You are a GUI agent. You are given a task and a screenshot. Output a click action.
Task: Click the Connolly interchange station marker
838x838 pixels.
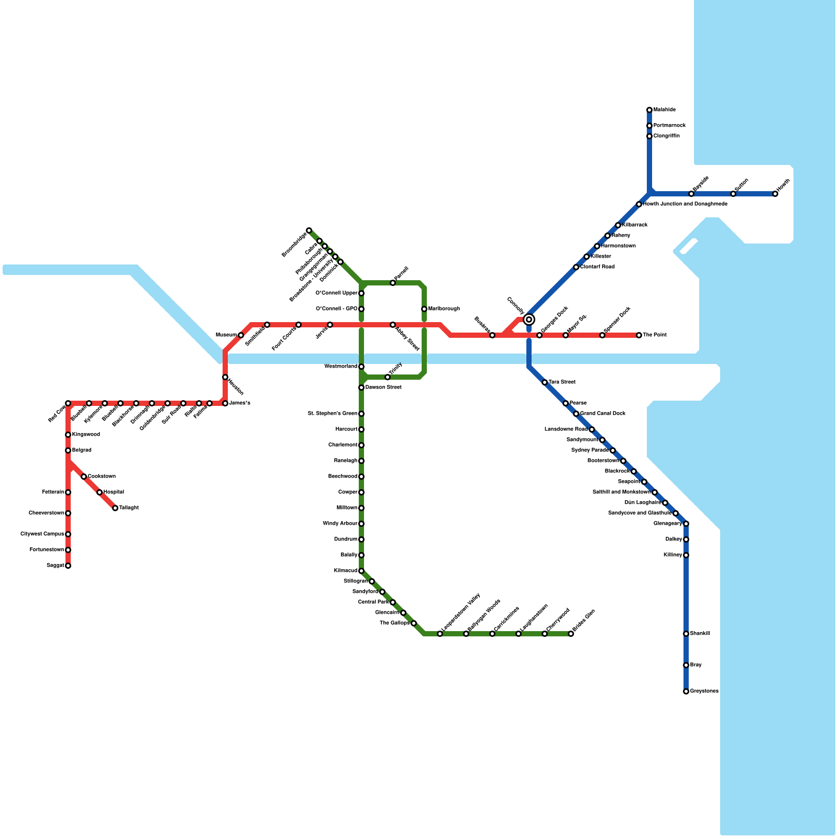pos(529,319)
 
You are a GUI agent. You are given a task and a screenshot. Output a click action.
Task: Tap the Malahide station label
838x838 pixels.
pos(664,110)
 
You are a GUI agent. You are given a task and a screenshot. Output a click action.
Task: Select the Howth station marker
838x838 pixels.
pos(775,194)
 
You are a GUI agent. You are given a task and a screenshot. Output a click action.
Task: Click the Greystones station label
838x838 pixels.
pos(704,691)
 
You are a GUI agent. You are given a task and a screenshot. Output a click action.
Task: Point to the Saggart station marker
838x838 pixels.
pos(68,566)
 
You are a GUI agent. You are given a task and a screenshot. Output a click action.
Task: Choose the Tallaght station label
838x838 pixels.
pos(129,508)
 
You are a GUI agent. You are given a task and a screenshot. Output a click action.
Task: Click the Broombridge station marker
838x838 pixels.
pos(309,230)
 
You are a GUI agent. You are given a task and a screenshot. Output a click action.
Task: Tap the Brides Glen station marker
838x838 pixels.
pos(571,634)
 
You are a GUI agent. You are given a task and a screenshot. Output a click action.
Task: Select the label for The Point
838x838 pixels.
pos(655,335)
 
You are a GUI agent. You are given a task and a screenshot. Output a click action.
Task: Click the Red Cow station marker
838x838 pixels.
pos(68,403)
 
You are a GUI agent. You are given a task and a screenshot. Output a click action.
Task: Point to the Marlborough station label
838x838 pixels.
pos(444,309)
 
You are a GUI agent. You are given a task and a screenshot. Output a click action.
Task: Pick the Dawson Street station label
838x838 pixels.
pos(383,388)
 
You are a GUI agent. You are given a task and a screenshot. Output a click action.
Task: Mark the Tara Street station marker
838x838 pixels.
pos(545,382)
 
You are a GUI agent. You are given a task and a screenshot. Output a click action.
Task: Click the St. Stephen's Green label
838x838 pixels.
pos(333,414)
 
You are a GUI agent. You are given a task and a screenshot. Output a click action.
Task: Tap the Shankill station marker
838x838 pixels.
pos(686,634)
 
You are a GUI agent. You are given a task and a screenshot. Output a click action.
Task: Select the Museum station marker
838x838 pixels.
pos(241,335)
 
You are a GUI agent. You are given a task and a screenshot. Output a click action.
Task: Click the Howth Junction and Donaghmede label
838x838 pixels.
pos(685,204)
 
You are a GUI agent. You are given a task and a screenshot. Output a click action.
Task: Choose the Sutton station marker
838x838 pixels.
pos(733,194)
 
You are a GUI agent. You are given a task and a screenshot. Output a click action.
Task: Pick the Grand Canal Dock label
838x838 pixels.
pos(603,414)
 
